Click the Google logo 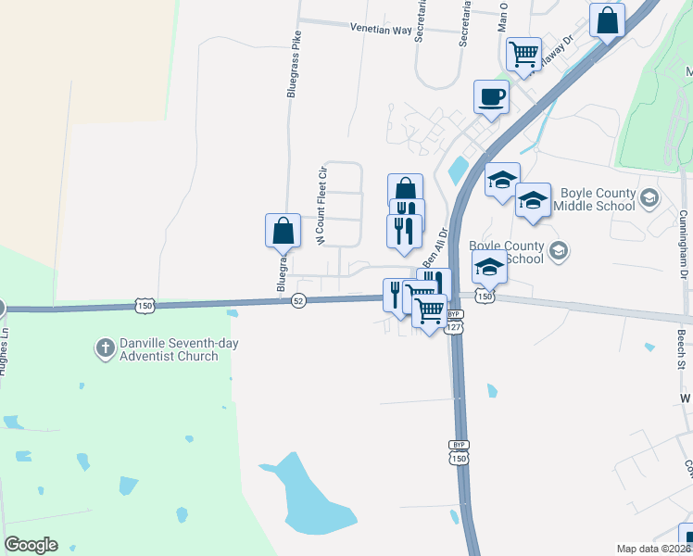pyautogui.click(x=31, y=545)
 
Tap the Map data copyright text pyautogui.click(x=654, y=549)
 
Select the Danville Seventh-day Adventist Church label pyautogui.click(x=169, y=349)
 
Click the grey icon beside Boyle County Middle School pyautogui.click(x=649, y=196)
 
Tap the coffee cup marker pyautogui.click(x=491, y=95)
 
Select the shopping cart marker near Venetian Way pyautogui.click(x=523, y=54)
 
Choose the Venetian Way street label pyautogui.click(x=380, y=29)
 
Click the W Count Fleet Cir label pyautogui.click(x=323, y=206)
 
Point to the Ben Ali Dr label pyautogui.click(x=435, y=247)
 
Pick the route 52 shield pyautogui.click(x=298, y=301)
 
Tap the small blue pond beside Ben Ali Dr pyautogui.click(x=458, y=170)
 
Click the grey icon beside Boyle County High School pyautogui.click(x=558, y=248)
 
